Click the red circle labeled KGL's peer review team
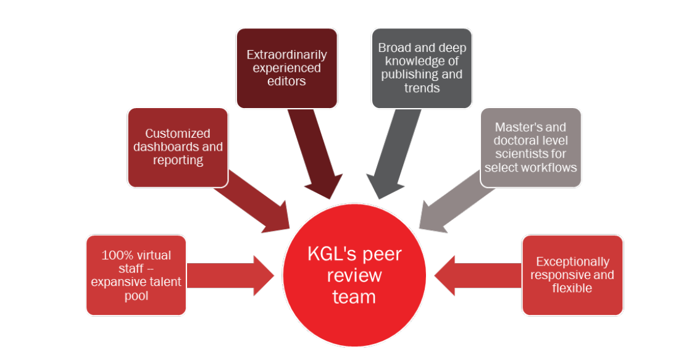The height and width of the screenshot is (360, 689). click(354, 275)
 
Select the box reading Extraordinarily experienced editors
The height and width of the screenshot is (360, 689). click(286, 68)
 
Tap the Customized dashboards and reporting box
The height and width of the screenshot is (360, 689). click(178, 147)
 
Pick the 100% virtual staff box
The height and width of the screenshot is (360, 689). click(136, 275)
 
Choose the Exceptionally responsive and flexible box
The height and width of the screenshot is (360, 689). click(572, 275)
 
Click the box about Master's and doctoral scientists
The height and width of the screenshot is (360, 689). click(530, 147)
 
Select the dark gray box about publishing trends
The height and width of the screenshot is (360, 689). click(422, 68)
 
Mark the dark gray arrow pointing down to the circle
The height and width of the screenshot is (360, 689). click(390, 154)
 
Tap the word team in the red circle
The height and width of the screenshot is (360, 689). click(354, 297)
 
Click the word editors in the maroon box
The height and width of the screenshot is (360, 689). click(287, 81)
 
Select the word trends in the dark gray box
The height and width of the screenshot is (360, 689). click(422, 88)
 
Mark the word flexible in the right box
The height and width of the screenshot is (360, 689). click(572, 288)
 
